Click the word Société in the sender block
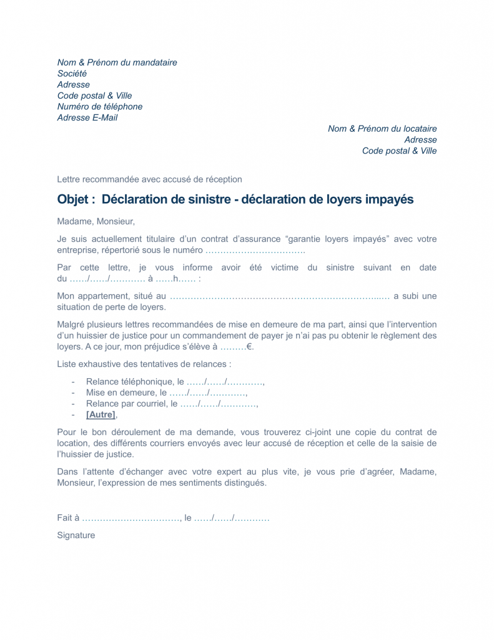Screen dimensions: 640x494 coord(72,74)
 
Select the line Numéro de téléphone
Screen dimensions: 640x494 coord(100,107)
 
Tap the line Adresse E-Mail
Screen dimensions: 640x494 coord(87,117)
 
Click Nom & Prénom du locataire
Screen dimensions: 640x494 coord(382,129)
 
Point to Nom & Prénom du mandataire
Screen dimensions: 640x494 coord(117,62)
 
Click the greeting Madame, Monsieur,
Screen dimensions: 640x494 coord(96,221)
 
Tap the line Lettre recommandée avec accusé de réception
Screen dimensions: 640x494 coord(149,179)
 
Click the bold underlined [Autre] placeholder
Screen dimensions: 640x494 coord(101,414)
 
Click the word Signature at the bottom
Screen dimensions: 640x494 coord(76,536)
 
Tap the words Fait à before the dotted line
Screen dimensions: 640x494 coord(68,518)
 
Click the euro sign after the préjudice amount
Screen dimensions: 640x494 coord(250,347)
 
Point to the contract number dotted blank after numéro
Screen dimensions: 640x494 coord(255,251)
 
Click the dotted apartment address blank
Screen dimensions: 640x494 coord(279,296)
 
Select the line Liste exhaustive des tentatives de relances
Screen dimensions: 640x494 coord(144,364)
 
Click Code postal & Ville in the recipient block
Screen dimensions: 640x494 coord(399,151)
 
